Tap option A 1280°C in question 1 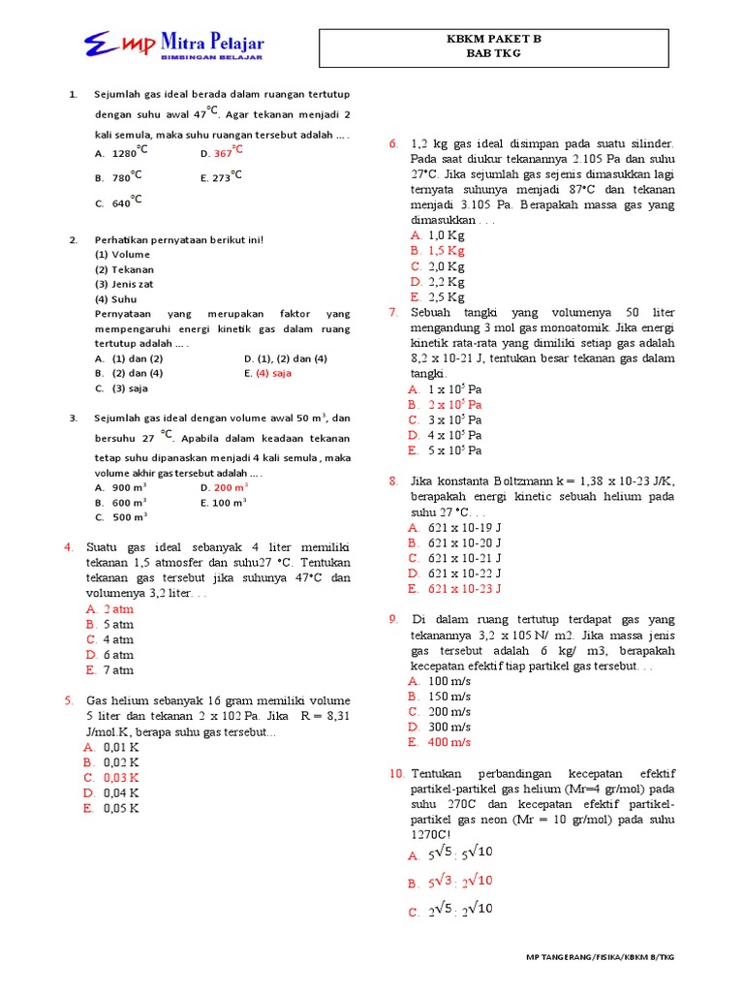(x=128, y=152)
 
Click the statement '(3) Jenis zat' (x=124, y=284)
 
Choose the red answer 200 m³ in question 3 (x=231, y=487)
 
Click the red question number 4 (x=69, y=547)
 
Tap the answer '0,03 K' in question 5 (x=121, y=777)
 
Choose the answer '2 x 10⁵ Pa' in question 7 (x=454, y=404)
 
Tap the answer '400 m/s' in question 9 (x=449, y=742)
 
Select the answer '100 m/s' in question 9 (x=449, y=681)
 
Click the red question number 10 (x=396, y=773)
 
